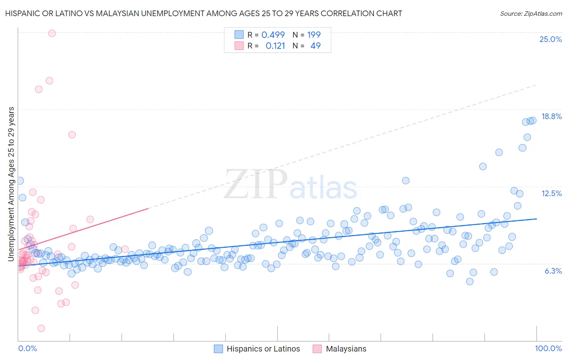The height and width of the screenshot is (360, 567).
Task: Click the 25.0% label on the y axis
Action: [550, 39]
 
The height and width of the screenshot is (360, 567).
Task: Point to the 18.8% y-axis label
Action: [551, 116]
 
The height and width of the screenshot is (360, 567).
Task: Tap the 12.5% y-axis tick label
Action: [551, 193]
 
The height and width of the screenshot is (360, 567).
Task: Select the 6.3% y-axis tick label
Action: [553, 271]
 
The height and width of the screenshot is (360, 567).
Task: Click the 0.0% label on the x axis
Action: [27, 348]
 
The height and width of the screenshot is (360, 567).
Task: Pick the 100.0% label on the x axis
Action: [548, 348]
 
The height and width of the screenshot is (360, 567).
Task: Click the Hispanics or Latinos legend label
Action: [263, 349]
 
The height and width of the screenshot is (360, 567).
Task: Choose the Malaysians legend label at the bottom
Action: [346, 349]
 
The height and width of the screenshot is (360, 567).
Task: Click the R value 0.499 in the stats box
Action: [273, 35]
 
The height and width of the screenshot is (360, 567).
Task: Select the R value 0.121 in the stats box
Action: [275, 46]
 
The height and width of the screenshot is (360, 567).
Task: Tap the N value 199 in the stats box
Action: [314, 35]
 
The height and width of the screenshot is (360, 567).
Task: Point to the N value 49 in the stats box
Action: [315, 46]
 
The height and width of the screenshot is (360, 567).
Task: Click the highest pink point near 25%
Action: [52, 33]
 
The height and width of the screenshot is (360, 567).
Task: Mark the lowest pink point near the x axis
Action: [41, 328]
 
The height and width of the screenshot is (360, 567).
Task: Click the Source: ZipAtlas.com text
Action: [531, 13]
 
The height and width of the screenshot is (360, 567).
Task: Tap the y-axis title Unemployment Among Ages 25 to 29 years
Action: [11, 184]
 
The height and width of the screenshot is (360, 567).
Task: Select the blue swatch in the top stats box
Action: [239, 35]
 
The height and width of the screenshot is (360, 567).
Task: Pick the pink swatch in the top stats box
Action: [239, 46]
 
